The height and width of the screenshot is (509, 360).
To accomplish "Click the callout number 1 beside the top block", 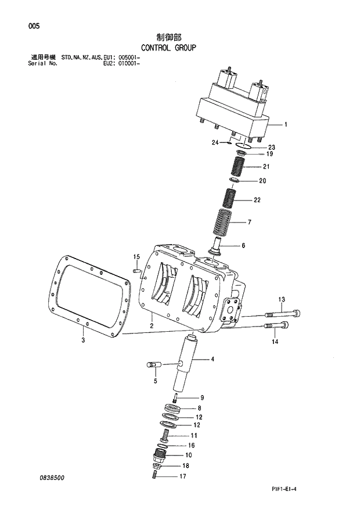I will point(285,124).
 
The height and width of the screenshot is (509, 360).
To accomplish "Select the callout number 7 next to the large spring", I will point(249,223).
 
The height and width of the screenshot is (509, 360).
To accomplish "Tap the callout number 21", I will point(265,167).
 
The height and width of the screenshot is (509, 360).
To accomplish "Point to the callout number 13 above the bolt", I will point(282,299).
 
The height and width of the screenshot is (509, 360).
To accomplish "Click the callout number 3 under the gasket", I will point(83,340).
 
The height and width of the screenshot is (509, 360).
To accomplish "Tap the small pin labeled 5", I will point(153,365).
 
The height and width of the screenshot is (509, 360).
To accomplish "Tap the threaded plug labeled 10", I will point(161,456).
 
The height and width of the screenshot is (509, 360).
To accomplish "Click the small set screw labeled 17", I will point(155,476).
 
